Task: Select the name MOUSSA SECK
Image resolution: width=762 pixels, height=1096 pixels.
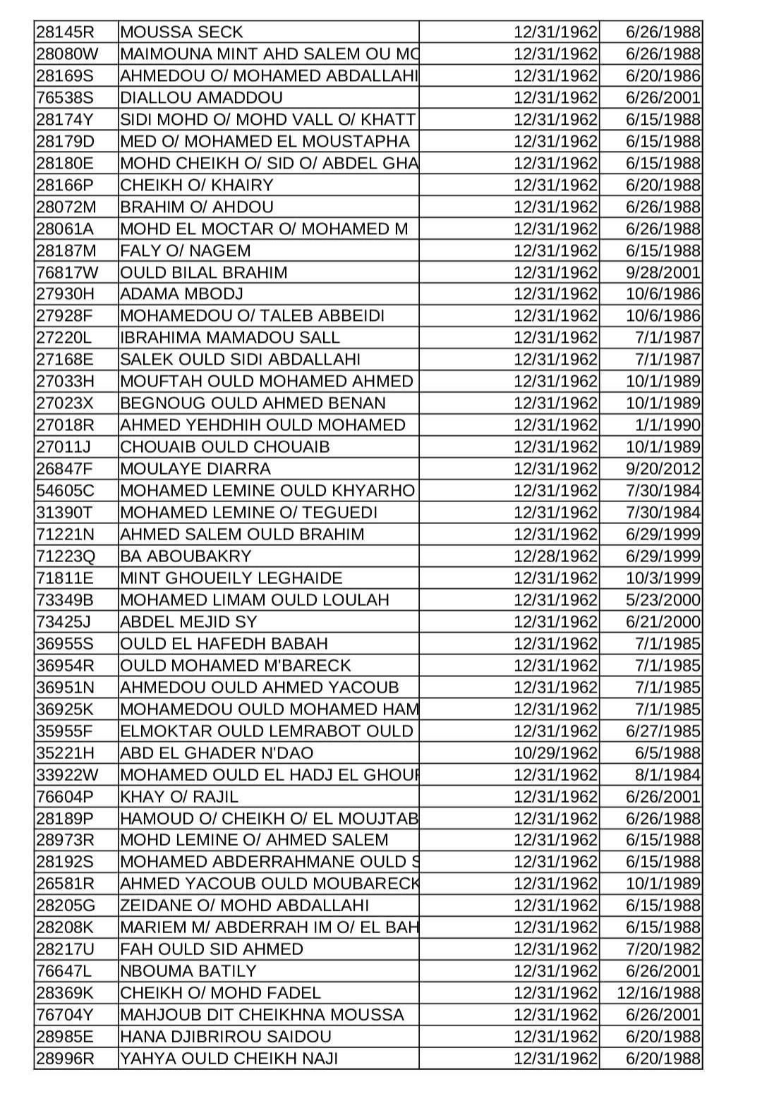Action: coord(181,32)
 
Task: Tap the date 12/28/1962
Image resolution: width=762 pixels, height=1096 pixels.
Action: coord(555,556)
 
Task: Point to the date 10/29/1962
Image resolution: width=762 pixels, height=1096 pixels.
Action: coord(555,753)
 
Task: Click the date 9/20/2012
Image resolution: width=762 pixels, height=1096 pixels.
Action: coord(663,469)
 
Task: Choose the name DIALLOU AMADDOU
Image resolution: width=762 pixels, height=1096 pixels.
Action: coord(201,98)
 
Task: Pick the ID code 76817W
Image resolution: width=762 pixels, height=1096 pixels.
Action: coord(68,273)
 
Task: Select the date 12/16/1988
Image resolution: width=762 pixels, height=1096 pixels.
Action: coord(658,993)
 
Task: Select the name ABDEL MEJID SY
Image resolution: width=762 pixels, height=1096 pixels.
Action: coord(188,622)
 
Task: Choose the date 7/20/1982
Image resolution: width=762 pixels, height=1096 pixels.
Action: coord(663,949)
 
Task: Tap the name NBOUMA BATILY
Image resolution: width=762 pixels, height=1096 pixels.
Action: coord(188,971)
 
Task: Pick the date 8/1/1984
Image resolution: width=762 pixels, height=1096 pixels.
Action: coord(667,775)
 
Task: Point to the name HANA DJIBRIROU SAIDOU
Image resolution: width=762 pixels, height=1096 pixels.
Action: coord(225,1037)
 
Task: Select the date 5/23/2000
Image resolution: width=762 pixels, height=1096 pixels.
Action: coord(663,600)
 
